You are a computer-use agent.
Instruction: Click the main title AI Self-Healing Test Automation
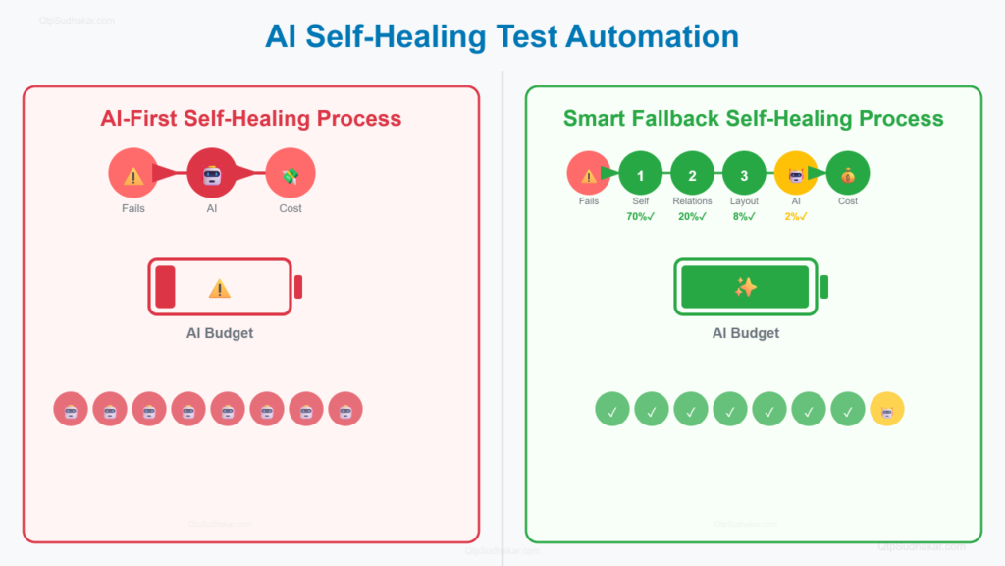(502, 37)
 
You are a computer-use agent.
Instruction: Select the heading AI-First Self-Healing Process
(251, 119)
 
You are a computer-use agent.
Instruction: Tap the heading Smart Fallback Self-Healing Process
(753, 119)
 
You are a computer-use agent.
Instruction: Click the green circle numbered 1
(641, 175)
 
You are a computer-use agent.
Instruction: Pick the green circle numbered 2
(693, 175)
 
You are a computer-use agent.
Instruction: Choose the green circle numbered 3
(744, 175)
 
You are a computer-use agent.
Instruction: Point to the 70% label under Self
(641, 217)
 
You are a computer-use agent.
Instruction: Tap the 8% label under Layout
(744, 217)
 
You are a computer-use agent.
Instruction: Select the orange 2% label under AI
(796, 217)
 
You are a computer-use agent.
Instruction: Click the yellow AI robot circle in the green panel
(796, 175)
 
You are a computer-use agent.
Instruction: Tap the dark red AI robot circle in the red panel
(212, 175)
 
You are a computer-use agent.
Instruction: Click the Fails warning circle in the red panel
(133, 175)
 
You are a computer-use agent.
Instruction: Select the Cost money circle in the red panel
(291, 175)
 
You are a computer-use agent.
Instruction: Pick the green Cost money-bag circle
(848, 175)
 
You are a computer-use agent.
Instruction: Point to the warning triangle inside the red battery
(220, 288)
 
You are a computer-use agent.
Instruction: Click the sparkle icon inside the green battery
(746, 287)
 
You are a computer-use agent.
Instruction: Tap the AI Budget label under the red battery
(220, 333)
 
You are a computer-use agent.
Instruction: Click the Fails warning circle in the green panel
(589, 175)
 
